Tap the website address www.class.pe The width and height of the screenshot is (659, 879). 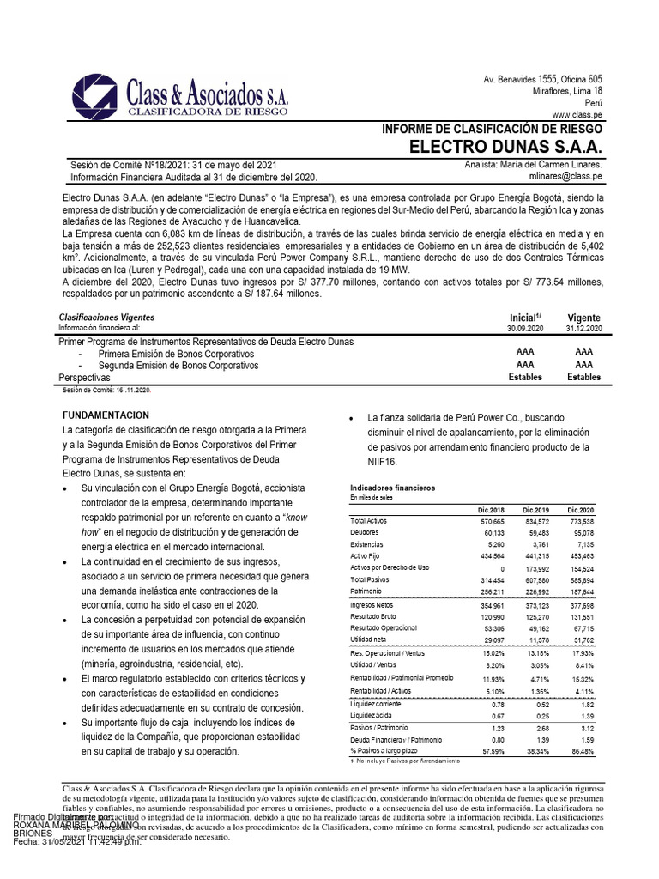click(577, 113)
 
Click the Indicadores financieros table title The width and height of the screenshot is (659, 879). click(392, 488)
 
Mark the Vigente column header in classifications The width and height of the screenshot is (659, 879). click(583, 317)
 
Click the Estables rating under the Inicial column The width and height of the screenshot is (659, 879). click(525, 377)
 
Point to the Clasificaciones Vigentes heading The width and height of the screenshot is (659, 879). click(106, 318)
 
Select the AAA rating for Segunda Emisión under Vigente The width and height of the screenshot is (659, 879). click(583, 365)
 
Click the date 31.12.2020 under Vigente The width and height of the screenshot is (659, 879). click(583, 329)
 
